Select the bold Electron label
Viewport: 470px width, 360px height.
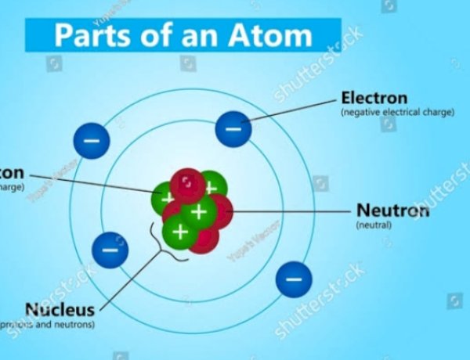click(374, 99)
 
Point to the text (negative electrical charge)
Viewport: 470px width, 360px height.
click(397, 113)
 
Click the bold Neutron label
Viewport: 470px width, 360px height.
click(392, 211)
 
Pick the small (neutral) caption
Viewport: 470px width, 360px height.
click(374, 225)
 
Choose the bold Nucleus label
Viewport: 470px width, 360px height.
click(60, 309)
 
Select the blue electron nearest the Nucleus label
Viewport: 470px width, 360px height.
click(110, 250)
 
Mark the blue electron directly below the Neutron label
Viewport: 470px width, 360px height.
click(294, 279)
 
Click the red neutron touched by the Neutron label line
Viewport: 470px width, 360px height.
click(221, 211)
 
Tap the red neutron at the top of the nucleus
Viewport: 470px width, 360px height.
click(187, 185)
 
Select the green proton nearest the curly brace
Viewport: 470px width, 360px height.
click(180, 232)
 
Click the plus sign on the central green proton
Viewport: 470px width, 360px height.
click(200, 211)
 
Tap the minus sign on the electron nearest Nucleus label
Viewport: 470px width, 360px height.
click(110, 250)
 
